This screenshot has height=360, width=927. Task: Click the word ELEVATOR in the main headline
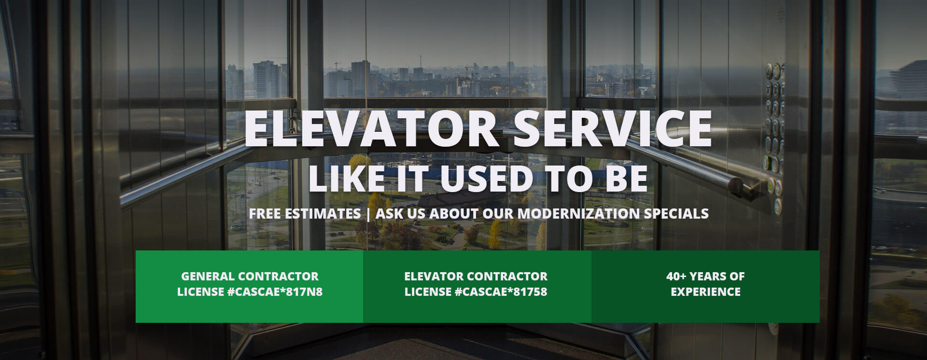click(371, 129)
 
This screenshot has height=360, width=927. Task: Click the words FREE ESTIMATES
click(305, 213)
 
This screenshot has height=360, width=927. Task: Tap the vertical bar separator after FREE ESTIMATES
click(368, 214)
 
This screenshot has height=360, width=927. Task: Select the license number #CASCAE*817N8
click(275, 292)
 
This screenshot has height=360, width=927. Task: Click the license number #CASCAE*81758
click(501, 292)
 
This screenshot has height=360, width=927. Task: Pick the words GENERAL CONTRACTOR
click(250, 277)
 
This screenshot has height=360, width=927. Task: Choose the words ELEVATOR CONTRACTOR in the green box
click(476, 277)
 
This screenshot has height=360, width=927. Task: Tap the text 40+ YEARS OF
click(705, 277)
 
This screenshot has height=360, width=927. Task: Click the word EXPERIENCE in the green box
click(705, 292)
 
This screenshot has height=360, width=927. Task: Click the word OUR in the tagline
click(498, 213)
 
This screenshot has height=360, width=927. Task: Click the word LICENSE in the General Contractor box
click(200, 292)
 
